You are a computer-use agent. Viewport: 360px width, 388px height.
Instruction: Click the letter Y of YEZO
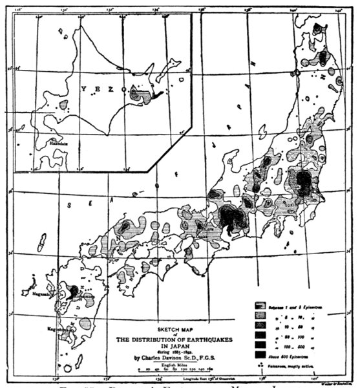pos(83,89)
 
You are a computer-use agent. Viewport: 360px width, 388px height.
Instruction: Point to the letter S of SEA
pos(70,204)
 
